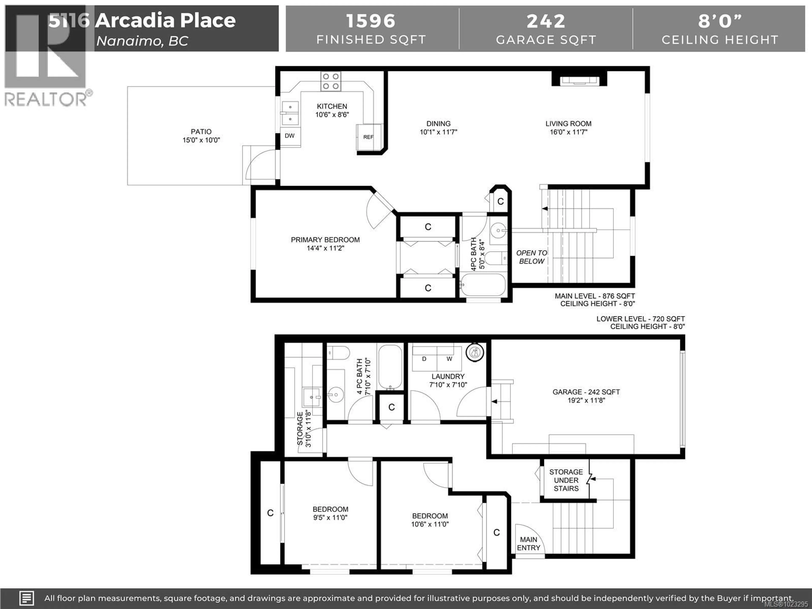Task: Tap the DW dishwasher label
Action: pyautogui.click(x=290, y=136)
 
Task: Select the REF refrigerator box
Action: pyautogui.click(x=368, y=137)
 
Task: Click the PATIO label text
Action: pyautogui.click(x=201, y=131)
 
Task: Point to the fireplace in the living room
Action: pyautogui.click(x=579, y=80)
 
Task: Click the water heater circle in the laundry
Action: pyautogui.click(x=475, y=353)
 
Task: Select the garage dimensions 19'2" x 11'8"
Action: pyautogui.click(x=586, y=401)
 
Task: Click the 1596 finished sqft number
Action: pyautogui.click(x=370, y=21)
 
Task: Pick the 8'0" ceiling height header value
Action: pyautogui.click(x=720, y=21)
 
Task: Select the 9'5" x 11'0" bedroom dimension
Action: pyautogui.click(x=330, y=518)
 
